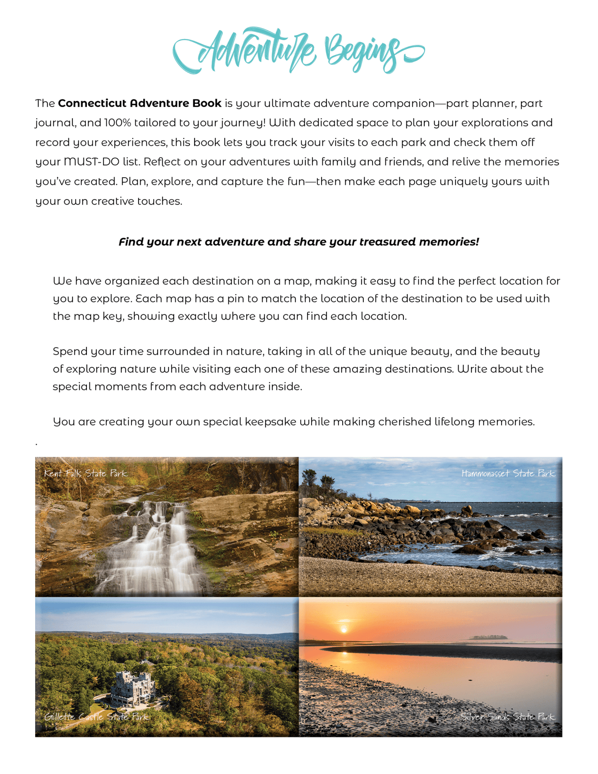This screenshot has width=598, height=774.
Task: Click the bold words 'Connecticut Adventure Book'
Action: click(139, 103)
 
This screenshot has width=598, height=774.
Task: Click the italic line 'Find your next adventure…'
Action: click(299, 242)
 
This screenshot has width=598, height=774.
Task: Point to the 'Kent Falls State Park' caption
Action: click(86, 473)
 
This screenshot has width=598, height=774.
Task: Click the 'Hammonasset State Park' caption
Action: click(508, 473)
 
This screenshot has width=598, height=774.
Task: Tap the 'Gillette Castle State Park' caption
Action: click(96, 716)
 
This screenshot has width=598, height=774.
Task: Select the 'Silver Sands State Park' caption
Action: click(507, 717)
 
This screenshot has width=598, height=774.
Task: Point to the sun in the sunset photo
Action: click(343, 629)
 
